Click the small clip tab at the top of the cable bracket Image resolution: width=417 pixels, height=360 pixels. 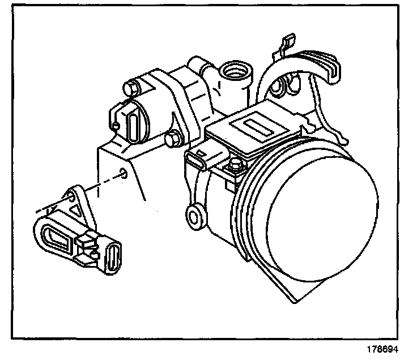tap(286, 42)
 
